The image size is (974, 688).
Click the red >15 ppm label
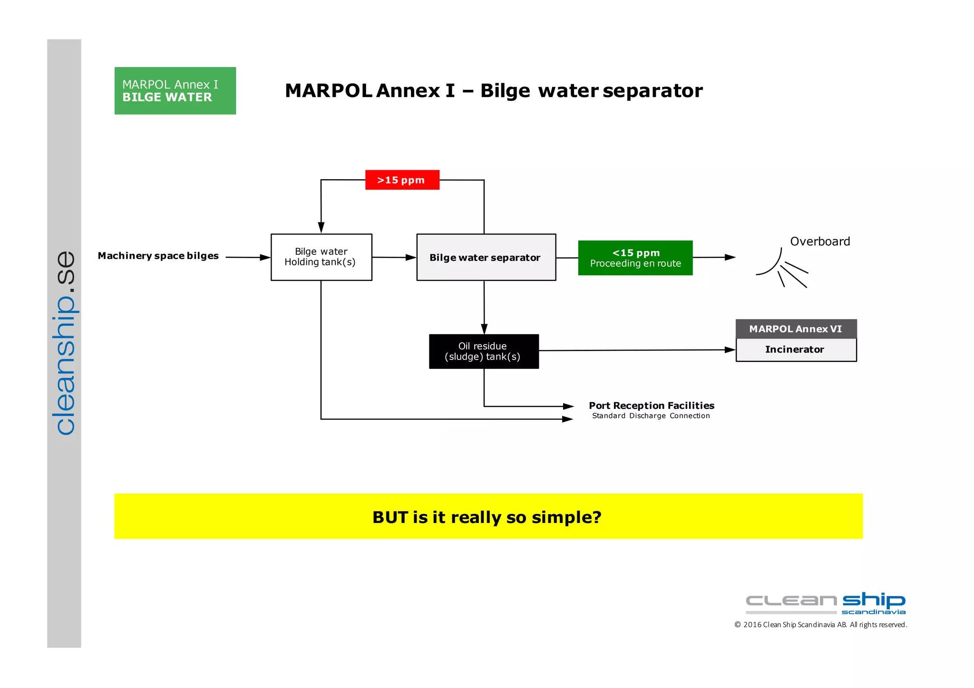(402, 180)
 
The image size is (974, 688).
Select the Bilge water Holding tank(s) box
(321, 257)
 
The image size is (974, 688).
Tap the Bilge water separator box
(486, 257)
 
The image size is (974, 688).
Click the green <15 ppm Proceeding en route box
(635, 258)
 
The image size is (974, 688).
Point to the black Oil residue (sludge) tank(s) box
(483, 351)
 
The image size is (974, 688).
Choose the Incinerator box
(795, 350)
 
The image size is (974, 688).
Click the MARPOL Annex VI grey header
(795, 329)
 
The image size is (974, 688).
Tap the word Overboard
(819, 242)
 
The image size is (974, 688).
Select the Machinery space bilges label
(158, 256)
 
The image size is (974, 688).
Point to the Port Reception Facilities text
(651, 406)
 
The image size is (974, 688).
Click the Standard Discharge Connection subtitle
(651, 416)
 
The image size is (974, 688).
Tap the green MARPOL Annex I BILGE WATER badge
(175, 91)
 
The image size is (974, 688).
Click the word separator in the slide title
(652, 91)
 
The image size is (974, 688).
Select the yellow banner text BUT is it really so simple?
(487, 517)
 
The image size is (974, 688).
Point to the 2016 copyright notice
(820, 625)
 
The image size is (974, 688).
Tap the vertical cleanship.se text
(65, 342)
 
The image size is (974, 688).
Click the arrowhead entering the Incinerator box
(730, 350)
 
